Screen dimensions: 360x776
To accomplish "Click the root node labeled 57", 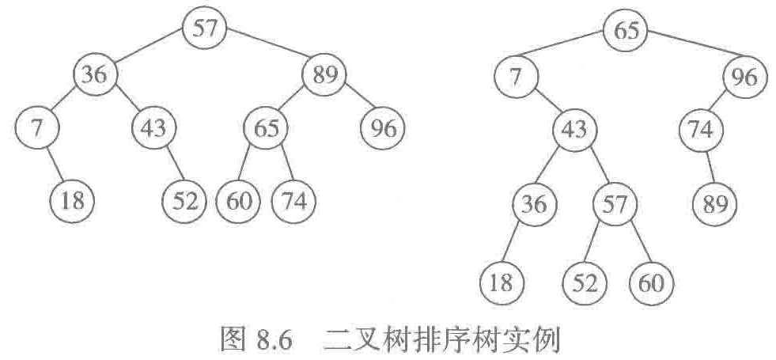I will [x=204, y=29].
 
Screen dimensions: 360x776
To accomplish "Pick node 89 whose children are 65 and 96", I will [x=324, y=76].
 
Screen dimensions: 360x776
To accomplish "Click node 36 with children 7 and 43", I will [x=96, y=76].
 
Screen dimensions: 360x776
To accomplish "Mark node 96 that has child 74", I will [x=744, y=78].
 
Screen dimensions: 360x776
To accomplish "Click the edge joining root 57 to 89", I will [x=264, y=52].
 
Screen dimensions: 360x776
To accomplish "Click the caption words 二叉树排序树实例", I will [x=441, y=342].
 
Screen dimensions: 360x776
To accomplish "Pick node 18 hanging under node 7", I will [x=72, y=200].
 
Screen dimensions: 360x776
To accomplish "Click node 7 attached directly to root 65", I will [x=517, y=78].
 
